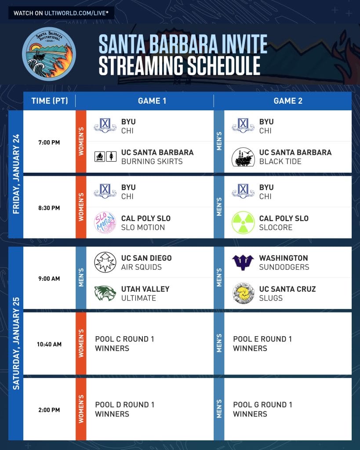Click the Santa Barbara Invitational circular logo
point(49,54)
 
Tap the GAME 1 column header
point(152,101)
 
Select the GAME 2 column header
point(288,101)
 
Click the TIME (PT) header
point(50,101)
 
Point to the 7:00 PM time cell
point(49,142)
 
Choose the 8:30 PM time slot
point(49,208)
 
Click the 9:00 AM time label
point(49,279)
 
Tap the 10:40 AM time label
point(49,344)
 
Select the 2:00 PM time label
point(49,410)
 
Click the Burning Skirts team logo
point(105,157)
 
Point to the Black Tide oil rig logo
point(243,157)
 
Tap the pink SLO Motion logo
point(105,223)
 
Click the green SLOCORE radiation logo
point(243,223)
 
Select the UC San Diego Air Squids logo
point(105,262)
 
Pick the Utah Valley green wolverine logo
point(105,293)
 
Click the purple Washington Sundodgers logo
point(243,262)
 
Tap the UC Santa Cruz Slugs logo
point(243,293)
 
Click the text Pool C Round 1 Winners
point(124,344)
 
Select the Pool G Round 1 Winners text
point(262,409)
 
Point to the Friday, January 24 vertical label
point(16,174)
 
